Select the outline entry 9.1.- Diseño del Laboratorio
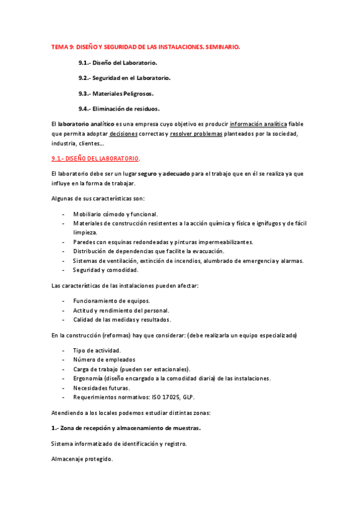(118, 63)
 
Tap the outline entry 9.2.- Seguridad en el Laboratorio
(124, 78)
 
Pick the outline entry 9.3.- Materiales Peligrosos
(115, 93)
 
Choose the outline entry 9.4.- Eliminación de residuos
(118, 109)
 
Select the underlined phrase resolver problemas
(196, 134)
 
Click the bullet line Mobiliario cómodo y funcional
(115, 214)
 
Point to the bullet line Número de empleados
(103, 360)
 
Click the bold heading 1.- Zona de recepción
(126, 428)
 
